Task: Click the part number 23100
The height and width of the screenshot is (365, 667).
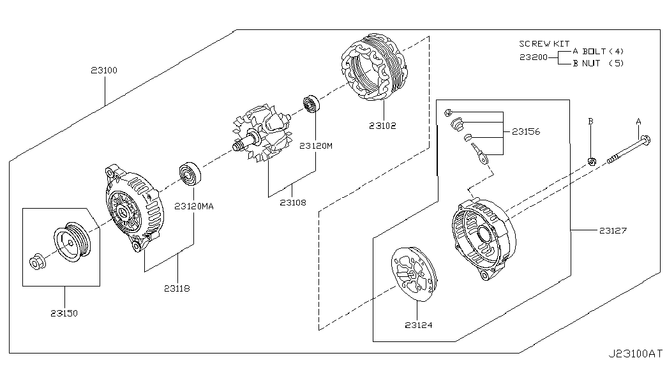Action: [104, 70]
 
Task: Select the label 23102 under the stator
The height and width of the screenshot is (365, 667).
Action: [382, 126]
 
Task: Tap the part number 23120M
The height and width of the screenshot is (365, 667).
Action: [316, 146]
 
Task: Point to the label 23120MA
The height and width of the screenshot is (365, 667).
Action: [194, 206]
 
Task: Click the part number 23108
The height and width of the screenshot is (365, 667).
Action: [293, 202]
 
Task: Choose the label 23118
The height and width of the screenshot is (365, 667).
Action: [177, 288]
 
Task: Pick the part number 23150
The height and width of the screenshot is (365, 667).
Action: [64, 313]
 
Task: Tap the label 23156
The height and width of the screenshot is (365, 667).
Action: [526, 132]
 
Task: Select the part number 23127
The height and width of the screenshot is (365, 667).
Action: [613, 230]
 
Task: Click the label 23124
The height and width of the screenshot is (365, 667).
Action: [419, 325]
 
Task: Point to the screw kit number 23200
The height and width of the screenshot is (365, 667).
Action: [534, 57]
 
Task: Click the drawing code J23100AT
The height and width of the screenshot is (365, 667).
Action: [635, 354]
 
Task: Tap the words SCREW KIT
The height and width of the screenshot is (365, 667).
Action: [544, 43]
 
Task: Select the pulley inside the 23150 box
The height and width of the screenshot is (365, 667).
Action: [72, 241]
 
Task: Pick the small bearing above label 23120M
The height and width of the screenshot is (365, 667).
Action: [311, 105]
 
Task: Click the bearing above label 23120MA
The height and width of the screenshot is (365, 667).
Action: [190, 174]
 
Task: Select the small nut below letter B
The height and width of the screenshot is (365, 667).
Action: [591, 161]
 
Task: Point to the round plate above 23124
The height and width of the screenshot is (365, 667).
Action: [415, 274]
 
